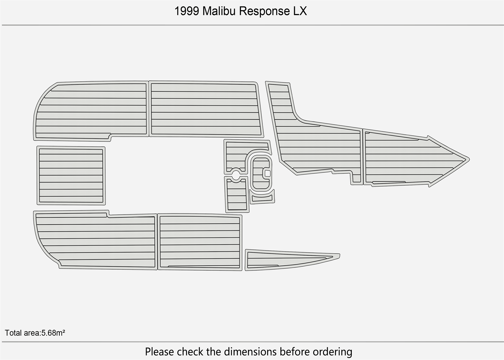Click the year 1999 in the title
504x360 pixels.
187,11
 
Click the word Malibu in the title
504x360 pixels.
219,11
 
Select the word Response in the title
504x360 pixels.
264,11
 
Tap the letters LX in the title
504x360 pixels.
300,11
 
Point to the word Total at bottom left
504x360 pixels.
13,333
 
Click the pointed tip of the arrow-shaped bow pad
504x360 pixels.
467,159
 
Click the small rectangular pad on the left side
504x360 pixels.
71,175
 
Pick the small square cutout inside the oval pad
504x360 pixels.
267,174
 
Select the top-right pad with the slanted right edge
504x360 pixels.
205,109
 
